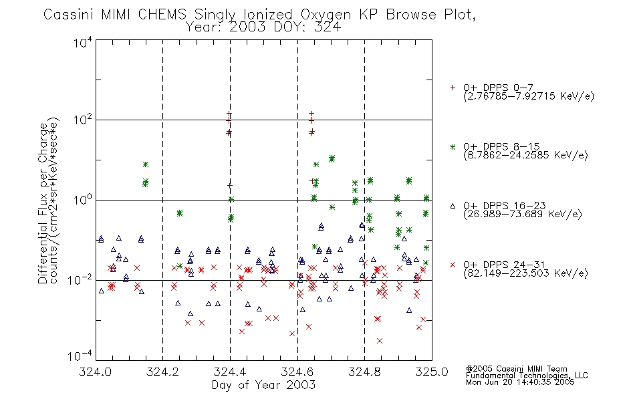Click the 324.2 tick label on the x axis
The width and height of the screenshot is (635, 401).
[162, 372]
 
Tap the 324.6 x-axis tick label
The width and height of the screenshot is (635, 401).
[297, 372]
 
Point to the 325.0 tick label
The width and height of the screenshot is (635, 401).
[432, 372]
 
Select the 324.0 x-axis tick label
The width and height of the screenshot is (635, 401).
[95, 372]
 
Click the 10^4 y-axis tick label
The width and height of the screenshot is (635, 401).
[83, 42]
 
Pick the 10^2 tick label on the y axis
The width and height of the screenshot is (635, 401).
[83, 120]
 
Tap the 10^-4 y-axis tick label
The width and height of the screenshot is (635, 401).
[80, 356]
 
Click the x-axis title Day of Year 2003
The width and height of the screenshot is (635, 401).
[263, 385]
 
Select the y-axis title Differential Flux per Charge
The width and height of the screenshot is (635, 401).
[43, 203]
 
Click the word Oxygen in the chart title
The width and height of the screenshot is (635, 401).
[326, 15]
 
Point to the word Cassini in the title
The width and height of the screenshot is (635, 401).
[70, 15]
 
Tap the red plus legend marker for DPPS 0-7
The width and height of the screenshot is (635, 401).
[453, 88]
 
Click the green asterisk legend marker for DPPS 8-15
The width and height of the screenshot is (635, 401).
[453, 146]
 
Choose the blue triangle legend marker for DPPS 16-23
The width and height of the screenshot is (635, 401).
[453, 206]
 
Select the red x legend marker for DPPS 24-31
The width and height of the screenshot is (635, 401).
[453, 265]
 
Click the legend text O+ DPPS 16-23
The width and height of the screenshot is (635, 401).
[505, 205]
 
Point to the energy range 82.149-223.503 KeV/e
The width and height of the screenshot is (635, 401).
[525, 273]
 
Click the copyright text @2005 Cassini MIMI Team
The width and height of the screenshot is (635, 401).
[516, 369]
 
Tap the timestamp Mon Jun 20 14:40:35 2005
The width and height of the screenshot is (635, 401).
[520, 382]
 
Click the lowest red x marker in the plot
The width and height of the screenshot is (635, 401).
[380, 341]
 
